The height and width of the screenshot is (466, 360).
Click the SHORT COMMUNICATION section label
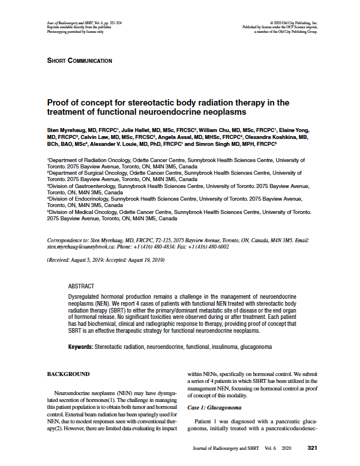80,61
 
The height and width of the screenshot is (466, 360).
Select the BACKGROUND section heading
68,374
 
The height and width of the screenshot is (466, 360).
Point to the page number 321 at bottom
312,448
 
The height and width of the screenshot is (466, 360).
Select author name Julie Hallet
136,131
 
